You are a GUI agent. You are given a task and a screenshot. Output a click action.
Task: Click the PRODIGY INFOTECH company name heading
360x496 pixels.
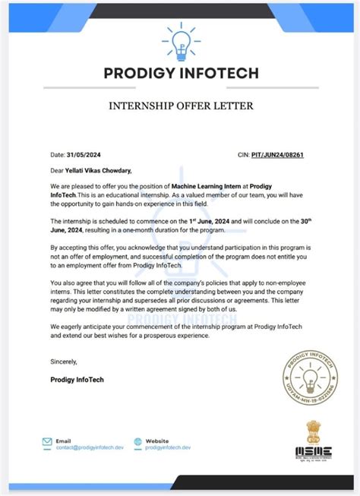pos(180,73)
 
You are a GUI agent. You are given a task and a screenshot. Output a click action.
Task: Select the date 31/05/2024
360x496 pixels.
pos(86,155)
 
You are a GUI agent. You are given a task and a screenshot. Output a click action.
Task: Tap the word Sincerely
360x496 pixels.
pos(65,361)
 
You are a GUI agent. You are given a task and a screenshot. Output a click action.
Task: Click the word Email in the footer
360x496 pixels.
pos(64,440)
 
